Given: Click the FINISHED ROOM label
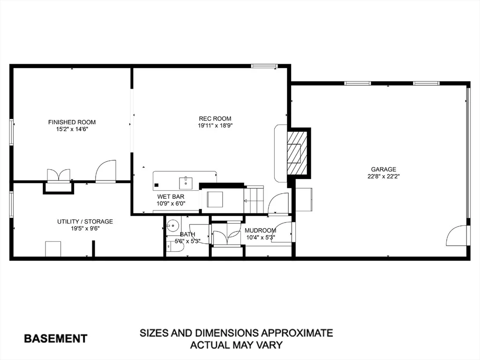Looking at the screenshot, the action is tap(72, 122).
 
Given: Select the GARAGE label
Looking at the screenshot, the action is tap(383, 169).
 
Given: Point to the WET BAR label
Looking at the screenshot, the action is tap(171, 196).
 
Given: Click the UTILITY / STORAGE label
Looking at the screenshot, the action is tap(85, 221).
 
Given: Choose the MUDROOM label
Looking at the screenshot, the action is tap(260, 231).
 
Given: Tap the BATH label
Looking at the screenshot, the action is tap(187, 234).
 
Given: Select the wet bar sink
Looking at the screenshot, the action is tap(186, 182).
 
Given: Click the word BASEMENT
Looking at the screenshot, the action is tap(56, 338).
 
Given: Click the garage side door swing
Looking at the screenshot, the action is tap(457, 236).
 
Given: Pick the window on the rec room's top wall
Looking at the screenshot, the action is tap(264, 66).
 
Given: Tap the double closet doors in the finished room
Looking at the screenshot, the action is tap(59, 176).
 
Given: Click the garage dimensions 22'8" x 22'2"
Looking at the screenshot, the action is tap(383, 176).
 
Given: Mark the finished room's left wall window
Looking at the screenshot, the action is tap(12, 132).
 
